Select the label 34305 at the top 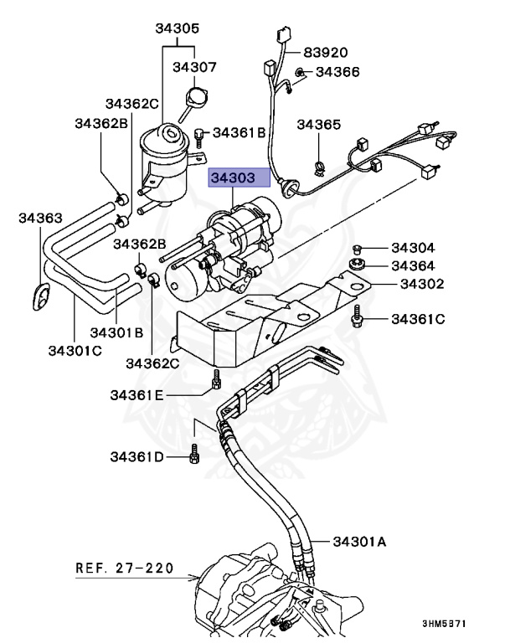(176, 28)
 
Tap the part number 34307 (194, 66)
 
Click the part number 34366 (337, 73)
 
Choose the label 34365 (319, 125)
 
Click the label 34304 (414, 248)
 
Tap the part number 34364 (414, 266)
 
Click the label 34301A (361, 542)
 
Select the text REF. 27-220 (125, 568)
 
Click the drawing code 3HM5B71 (444, 625)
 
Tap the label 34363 (41, 219)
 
